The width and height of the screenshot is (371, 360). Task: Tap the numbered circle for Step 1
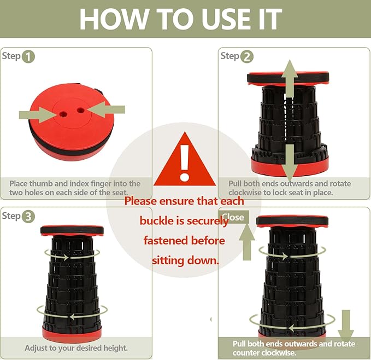coord(28,57)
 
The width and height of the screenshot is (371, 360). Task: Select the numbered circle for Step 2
coord(247,57)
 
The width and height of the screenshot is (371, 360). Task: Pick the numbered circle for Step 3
coord(28,217)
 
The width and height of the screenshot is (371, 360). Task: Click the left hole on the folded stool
coord(63,114)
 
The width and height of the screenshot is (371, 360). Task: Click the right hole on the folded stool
coord(81,110)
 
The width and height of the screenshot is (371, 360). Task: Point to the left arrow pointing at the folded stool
coord(37,115)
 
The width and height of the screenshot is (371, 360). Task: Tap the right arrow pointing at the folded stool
coord(106,109)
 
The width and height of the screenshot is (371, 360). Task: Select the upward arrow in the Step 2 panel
coord(290,79)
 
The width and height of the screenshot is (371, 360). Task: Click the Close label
coord(233,217)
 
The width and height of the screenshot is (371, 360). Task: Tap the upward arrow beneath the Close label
coord(247,242)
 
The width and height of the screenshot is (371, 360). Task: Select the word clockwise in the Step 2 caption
coord(245,193)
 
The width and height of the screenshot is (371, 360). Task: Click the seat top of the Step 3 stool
coord(72,230)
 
